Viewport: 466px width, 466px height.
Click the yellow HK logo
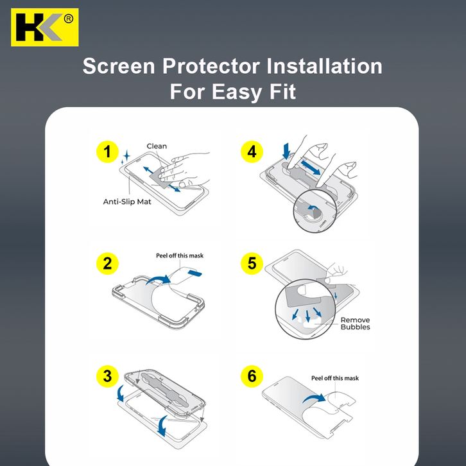[44, 28]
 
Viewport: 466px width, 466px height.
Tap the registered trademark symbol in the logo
[68, 19]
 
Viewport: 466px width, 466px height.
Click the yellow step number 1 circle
[107, 151]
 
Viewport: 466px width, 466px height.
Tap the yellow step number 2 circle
[107, 264]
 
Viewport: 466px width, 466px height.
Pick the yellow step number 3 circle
[107, 376]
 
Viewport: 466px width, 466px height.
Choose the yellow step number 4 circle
[252, 151]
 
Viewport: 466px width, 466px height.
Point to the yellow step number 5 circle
[252, 264]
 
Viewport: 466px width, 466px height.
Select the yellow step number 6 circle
[252, 376]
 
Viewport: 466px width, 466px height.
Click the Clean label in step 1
[157, 146]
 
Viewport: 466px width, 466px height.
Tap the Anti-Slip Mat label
[127, 202]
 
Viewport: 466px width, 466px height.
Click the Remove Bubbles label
[355, 324]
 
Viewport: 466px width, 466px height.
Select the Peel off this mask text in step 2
[180, 255]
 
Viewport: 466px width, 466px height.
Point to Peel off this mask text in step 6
[335, 378]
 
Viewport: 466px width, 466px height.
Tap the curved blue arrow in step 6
[315, 397]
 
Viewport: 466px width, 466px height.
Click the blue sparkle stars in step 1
[125, 157]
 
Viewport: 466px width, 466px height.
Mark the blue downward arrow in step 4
[286, 151]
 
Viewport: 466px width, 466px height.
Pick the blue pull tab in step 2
[195, 273]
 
